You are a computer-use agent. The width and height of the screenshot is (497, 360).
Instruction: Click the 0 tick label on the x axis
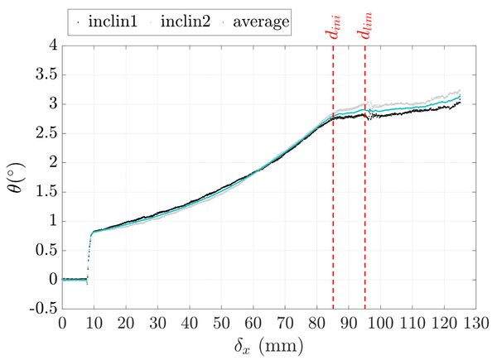click(62, 323)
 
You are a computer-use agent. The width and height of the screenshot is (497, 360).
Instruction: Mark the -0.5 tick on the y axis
click(43, 309)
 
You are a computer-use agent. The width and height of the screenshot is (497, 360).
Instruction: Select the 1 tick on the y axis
click(52, 221)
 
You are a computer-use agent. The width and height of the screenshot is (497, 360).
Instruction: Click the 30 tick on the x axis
click(157, 323)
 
